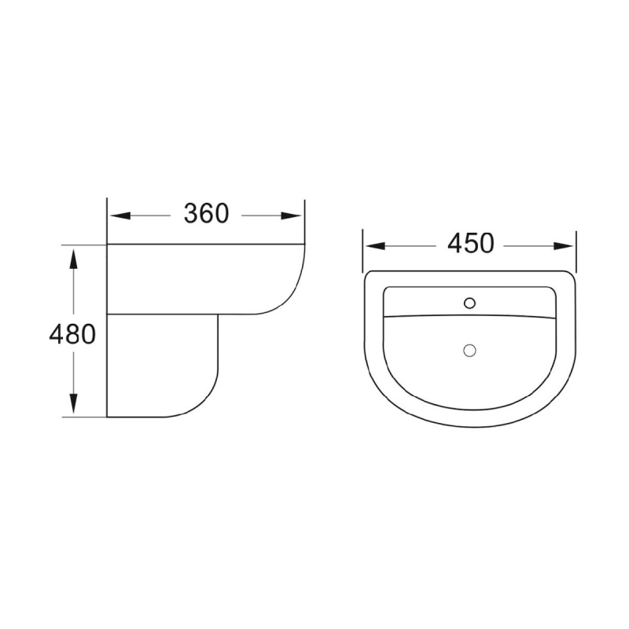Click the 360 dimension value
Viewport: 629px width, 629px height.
click(x=206, y=214)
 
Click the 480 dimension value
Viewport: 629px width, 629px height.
click(x=72, y=335)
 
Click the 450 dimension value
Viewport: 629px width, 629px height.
click(x=471, y=245)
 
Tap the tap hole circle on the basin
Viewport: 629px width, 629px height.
click(x=470, y=302)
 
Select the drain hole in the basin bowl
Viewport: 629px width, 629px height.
click(x=470, y=350)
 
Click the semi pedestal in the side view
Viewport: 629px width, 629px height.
click(x=161, y=366)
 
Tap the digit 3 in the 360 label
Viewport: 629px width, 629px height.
click(x=191, y=214)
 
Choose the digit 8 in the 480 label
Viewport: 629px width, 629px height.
click(x=72, y=335)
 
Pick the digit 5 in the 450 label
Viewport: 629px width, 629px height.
click(x=471, y=245)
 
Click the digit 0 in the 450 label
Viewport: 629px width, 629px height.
click(x=486, y=245)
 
